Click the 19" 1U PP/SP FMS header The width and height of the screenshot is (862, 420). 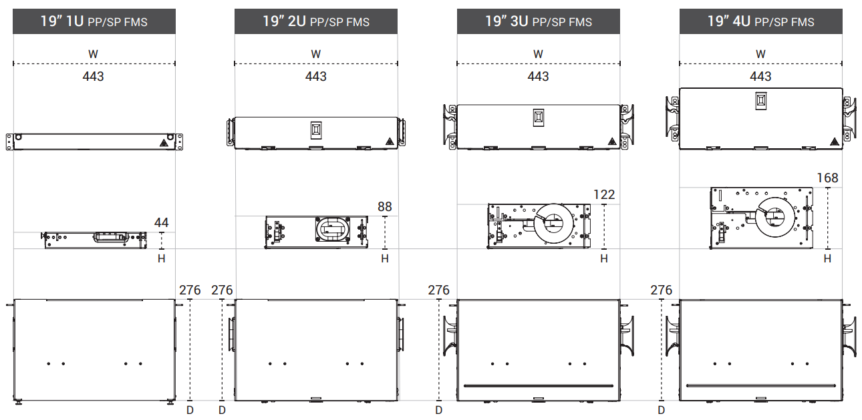pos(94,21)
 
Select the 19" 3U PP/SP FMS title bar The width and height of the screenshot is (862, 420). pos(539,21)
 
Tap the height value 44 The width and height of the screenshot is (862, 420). pos(161,222)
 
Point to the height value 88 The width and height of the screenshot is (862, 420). pos(385,206)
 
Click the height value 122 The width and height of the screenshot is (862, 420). pos(604,194)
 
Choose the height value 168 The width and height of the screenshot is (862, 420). pos(827,178)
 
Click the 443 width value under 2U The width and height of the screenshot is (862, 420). pos(316,76)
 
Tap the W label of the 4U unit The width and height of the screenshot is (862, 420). pos(760,54)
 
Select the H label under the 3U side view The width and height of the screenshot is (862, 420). pos(604,259)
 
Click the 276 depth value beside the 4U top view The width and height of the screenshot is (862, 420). pos(661,290)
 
